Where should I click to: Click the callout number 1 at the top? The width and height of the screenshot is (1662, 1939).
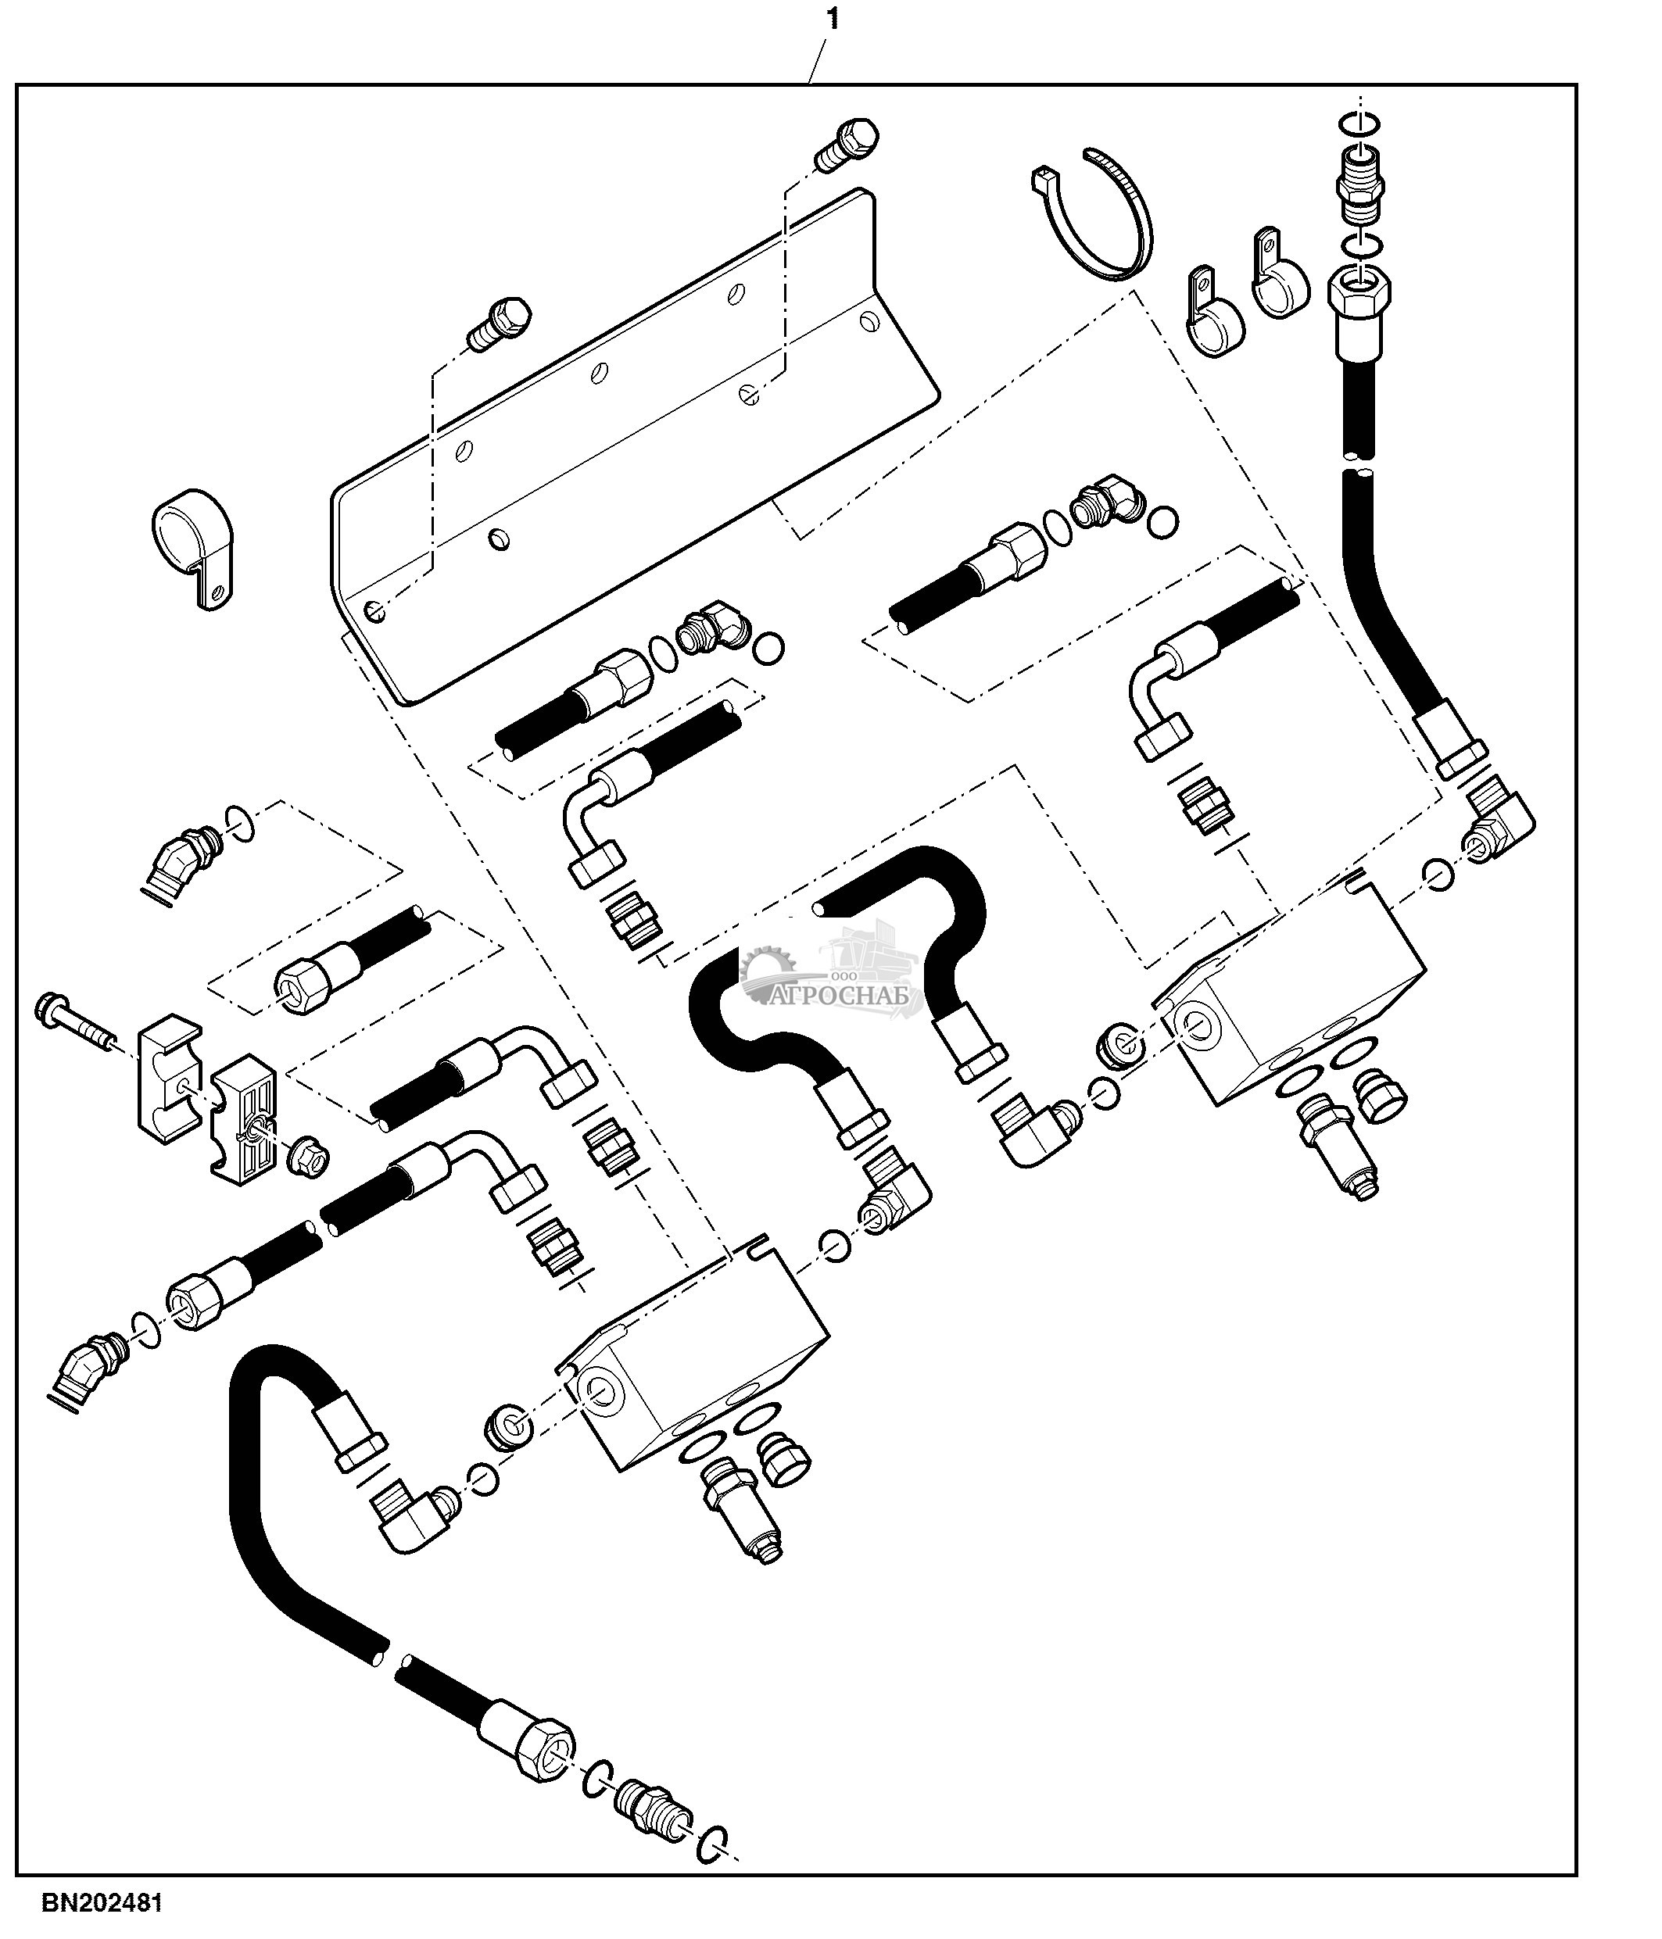(832, 19)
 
